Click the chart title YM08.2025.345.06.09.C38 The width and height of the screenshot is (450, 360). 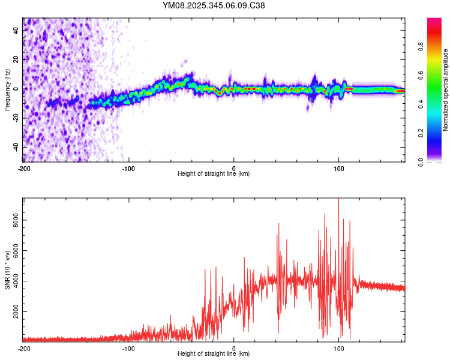[214, 5]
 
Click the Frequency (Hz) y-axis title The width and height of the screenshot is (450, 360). [7, 90]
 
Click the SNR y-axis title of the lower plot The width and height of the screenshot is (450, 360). [7, 270]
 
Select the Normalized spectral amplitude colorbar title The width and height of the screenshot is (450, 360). [445, 90]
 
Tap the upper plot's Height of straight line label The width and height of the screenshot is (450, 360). [214, 173]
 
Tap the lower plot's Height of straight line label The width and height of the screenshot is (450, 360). [214, 353]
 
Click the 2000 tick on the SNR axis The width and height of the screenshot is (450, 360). [13, 313]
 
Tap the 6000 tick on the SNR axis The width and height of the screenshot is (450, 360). [13, 251]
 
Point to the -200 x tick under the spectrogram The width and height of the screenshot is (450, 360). [24, 169]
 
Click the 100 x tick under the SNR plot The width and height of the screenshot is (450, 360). [339, 348]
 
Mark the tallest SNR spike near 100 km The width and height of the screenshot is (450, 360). [339, 200]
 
